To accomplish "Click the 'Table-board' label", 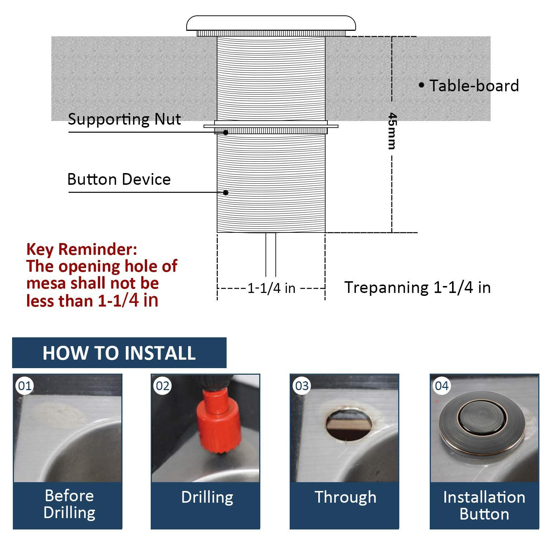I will [x=474, y=86].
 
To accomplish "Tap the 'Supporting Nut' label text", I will [x=124, y=119].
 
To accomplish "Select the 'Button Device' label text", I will [x=119, y=179].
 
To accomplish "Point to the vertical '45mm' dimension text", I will [x=392, y=131].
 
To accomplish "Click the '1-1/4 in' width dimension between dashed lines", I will [x=271, y=288].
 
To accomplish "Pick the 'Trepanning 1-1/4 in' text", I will [x=417, y=287].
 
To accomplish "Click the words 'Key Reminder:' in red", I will [x=81, y=249].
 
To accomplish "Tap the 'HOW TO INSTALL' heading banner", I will [x=119, y=353].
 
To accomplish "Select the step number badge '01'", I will [x=25, y=386].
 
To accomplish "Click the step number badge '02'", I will [x=162, y=386].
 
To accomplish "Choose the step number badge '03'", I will [x=302, y=386].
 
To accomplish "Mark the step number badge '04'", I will [x=441, y=386].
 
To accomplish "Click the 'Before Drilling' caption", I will [x=69, y=504].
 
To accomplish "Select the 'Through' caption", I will [x=345, y=497].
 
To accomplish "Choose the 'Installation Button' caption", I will [x=484, y=505].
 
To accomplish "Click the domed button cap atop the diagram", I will [x=271, y=23].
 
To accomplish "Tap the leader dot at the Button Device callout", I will [x=226, y=192].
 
